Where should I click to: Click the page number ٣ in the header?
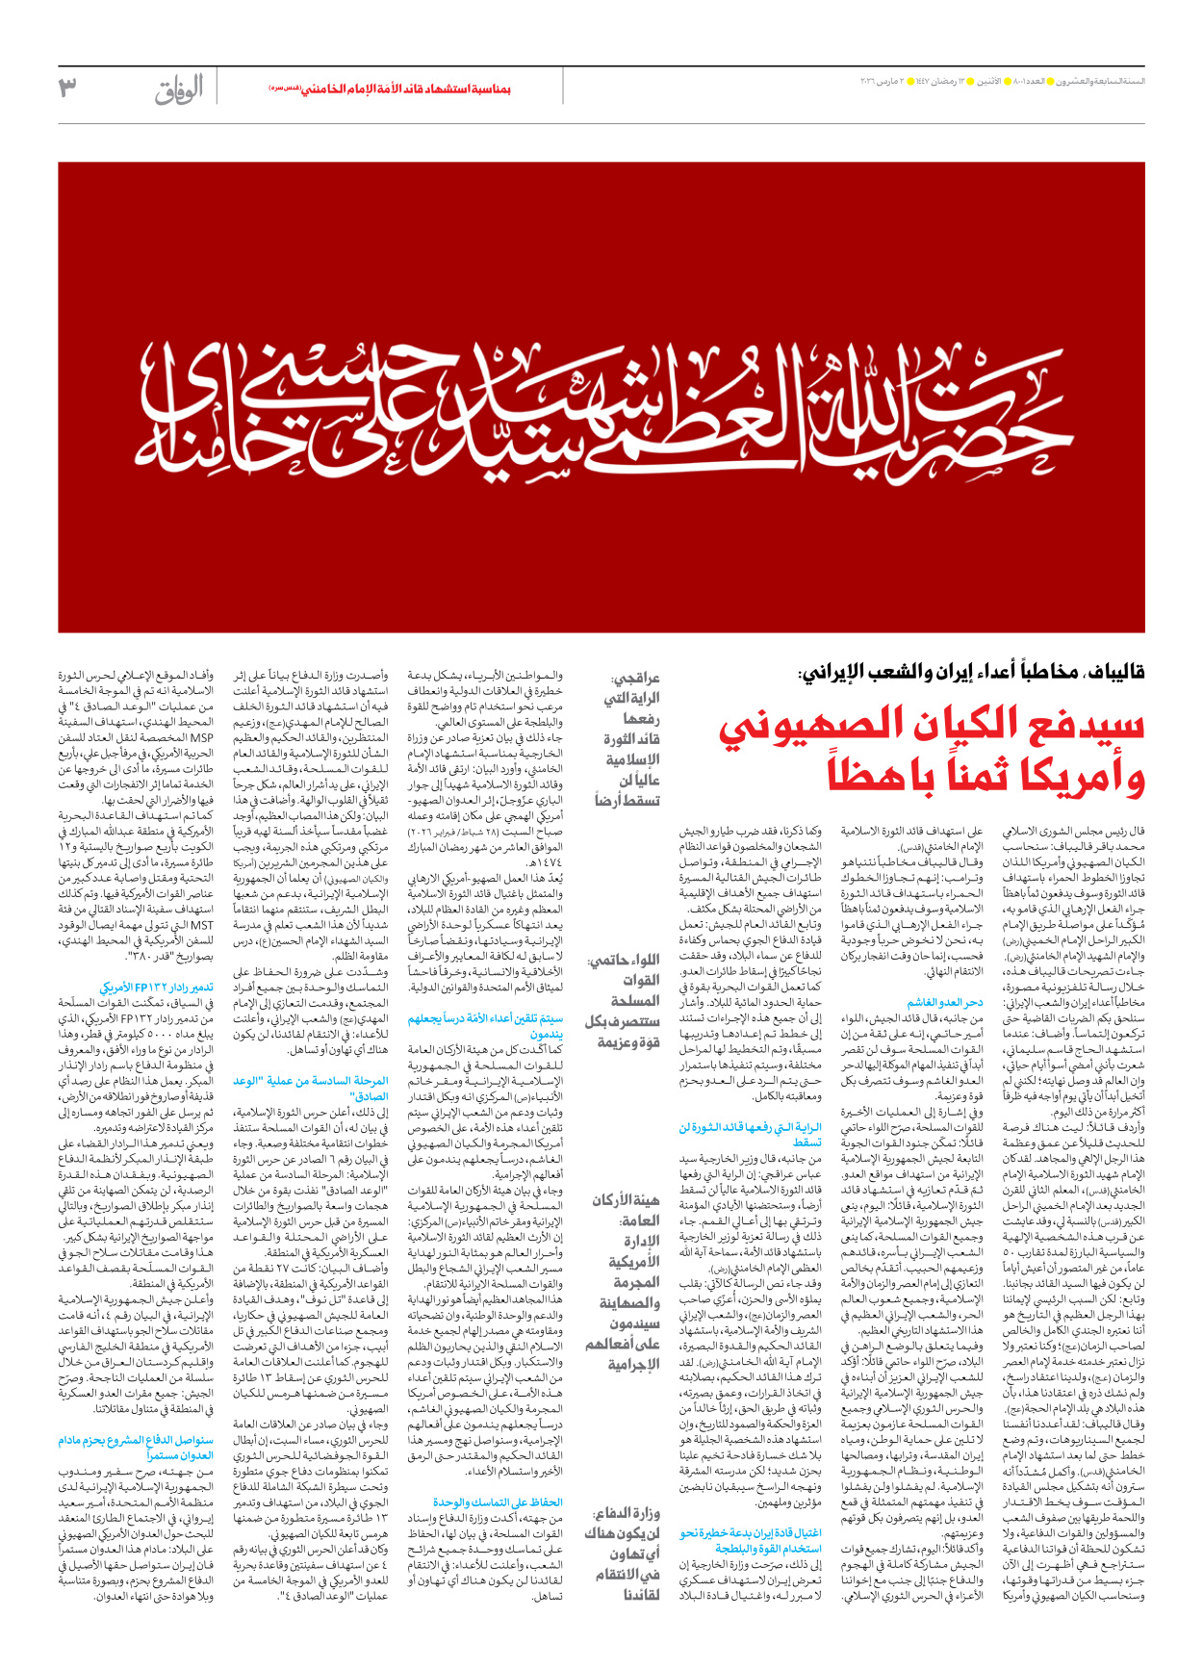(67, 88)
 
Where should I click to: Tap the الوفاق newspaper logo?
(180, 90)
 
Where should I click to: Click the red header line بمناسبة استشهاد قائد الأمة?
(390, 89)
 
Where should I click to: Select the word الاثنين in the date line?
(988, 81)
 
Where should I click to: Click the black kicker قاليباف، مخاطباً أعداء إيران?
(972, 671)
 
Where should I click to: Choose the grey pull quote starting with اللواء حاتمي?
(625, 1001)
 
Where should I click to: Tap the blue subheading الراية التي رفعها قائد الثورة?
(751, 1134)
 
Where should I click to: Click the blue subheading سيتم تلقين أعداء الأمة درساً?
(485, 1025)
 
